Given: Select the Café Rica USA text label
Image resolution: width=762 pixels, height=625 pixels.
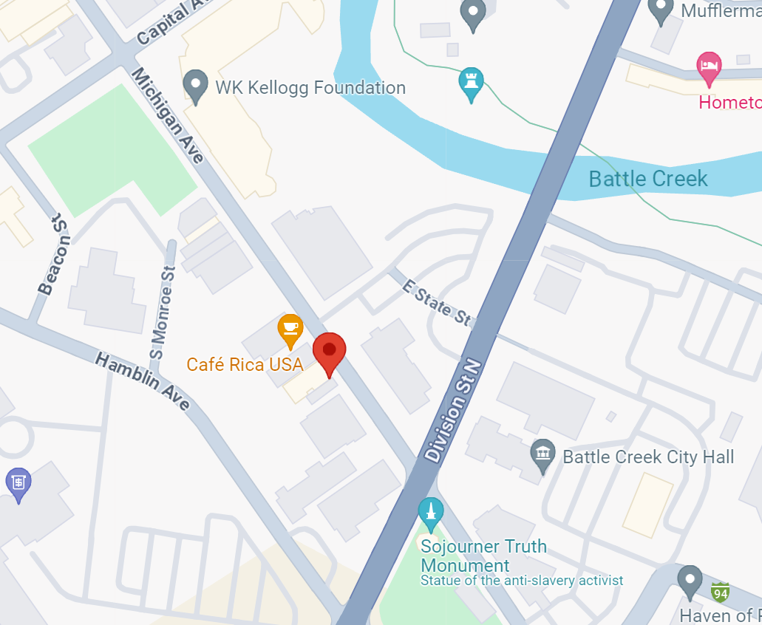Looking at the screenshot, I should tap(245, 364).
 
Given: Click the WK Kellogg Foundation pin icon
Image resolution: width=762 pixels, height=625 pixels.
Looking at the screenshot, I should tap(196, 86).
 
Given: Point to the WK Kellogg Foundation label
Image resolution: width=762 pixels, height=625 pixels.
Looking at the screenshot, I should tap(310, 88).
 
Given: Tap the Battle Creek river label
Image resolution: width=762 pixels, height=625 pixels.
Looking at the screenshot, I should tap(647, 179).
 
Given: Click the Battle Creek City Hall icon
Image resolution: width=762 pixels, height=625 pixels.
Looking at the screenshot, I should tap(543, 456).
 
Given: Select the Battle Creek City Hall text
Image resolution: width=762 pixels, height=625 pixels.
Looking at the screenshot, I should tap(648, 457).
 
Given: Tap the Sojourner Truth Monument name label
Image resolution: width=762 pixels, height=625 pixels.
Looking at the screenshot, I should tap(483, 556).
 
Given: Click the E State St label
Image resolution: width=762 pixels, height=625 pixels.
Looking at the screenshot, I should tap(436, 302).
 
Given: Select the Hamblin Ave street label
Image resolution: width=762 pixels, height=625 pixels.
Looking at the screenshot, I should tap(143, 380).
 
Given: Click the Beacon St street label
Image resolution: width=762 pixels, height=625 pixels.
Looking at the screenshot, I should tap(56, 254).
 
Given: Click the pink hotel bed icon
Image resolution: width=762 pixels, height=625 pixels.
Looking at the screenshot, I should tap(708, 67).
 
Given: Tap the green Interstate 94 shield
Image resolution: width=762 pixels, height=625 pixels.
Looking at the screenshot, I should tap(720, 592).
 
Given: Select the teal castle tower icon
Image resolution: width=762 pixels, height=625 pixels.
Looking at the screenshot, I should tap(471, 83).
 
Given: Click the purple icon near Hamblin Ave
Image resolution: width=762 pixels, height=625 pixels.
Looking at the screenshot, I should tap(18, 483).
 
